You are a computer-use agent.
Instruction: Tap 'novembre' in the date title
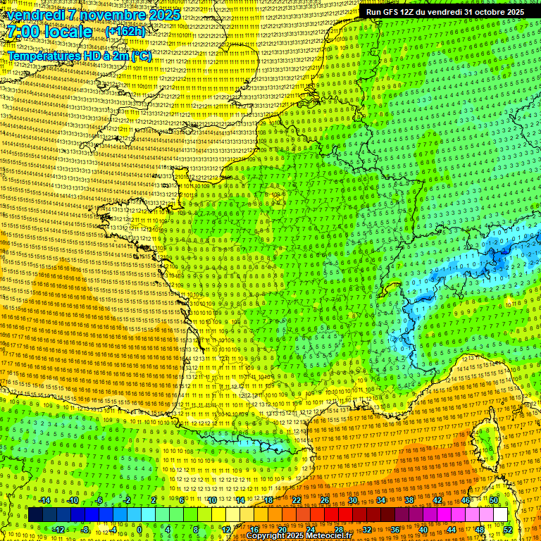(x=108, y=15)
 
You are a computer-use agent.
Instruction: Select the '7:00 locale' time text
(x=49, y=32)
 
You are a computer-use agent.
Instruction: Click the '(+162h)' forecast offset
(x=126, y=32)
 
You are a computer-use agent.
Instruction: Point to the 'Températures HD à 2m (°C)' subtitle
(x=80, y=56)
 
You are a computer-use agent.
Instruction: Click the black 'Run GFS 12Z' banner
(x=444, y=12)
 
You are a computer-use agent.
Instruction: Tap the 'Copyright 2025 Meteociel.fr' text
(x=299, y=535)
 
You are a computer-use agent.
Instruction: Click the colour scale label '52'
(x=507, y=529)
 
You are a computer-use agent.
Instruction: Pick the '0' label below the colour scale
(x=139, y=529)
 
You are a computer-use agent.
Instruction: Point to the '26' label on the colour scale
(x=324, y=500)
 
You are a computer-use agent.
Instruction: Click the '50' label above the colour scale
(x=494, y=500)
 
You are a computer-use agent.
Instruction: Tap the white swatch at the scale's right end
(x=500, y=515)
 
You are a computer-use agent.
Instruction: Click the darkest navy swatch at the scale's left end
(x=36, y=515)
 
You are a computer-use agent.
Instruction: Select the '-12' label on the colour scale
(x=58, y=529)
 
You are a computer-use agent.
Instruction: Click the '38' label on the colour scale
(x=409, y=500)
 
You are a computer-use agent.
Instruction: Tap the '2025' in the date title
(x=160, y=15)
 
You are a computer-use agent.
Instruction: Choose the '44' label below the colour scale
(x=451, y=529)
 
